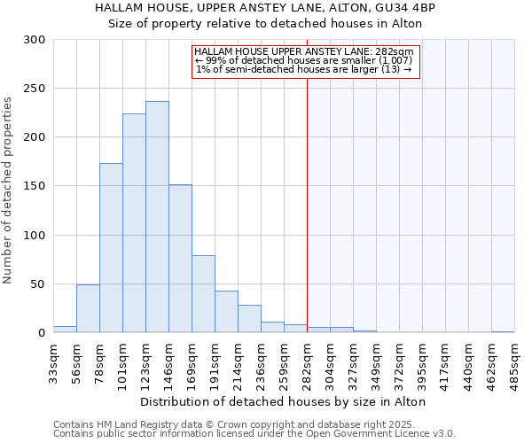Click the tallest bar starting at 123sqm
point(157,217)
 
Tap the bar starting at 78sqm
point(111,248)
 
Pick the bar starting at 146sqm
point(180,259)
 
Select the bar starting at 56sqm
point(88,308)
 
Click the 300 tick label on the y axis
point(34,40)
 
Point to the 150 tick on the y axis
point(34,186)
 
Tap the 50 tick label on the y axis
point(37,284)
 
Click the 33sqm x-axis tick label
point(53,361)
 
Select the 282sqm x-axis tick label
point(307,361)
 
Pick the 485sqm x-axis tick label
point(514,361)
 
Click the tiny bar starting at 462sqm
point(503,331)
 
